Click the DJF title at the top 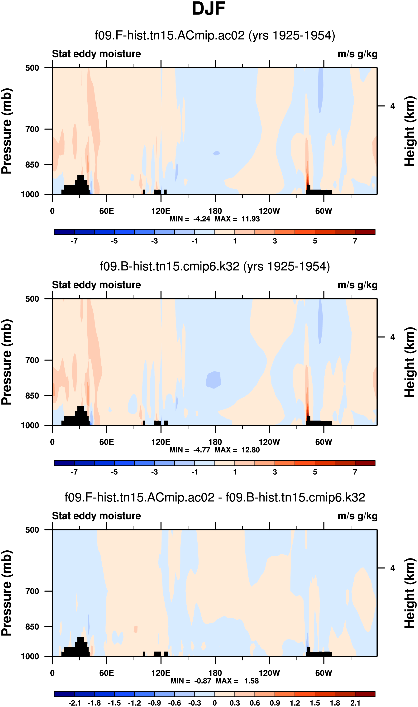tap(209, 9)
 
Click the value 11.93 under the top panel tap(250, 219)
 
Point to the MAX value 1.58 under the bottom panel tap(252, 681)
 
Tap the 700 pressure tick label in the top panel tap(32, 129)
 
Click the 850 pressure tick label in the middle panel tap(32, 396)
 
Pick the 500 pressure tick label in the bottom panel tap(32, 530)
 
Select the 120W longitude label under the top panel tap(269, 211)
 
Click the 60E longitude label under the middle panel tap(106, 442)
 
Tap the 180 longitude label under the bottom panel tap(215, 673)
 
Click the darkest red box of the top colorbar tap(365, 232)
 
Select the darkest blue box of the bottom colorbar tap(64, 694)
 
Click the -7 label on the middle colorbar tap(74, 472)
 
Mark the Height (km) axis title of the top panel tap(410, 131)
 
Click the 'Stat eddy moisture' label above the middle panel tap(96, 285)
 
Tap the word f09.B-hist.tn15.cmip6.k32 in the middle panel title tap(170, 266)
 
